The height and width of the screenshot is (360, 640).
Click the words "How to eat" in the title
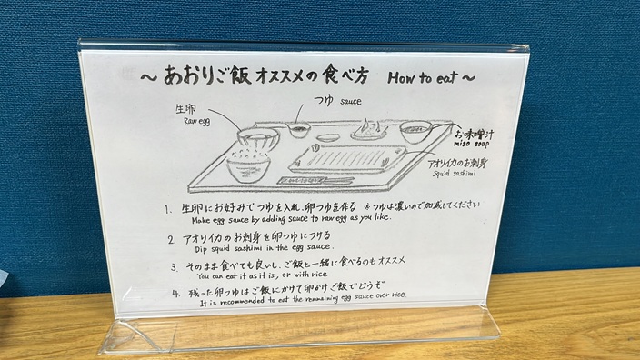tap(423, 77)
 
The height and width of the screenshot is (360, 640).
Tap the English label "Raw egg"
tap(196, 121)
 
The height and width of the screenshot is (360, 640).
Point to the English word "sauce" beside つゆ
tap(351, 102)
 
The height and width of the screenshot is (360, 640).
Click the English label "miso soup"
tap(471, 144)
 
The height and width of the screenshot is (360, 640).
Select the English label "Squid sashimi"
tap(455, 173)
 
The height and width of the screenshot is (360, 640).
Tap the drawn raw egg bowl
tap(259, 139)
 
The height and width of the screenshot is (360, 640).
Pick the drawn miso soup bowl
tap(415, 132)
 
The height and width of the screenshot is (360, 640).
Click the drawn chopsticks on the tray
tap(315, 180)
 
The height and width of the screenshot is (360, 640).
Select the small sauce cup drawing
tap(299, 129)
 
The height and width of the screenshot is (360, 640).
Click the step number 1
tap(166, 209)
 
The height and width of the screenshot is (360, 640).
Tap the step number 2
tap(172, 240)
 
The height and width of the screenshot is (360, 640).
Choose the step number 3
tap(175, 267)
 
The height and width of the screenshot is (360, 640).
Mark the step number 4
tap(175, 294)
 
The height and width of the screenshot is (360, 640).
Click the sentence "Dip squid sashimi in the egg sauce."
tap(265, 248)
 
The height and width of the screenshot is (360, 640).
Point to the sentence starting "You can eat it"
tap(263, 275)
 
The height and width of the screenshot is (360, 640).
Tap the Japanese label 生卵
tap(185, 109)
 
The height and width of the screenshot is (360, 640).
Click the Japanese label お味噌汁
tap(475, 134)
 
